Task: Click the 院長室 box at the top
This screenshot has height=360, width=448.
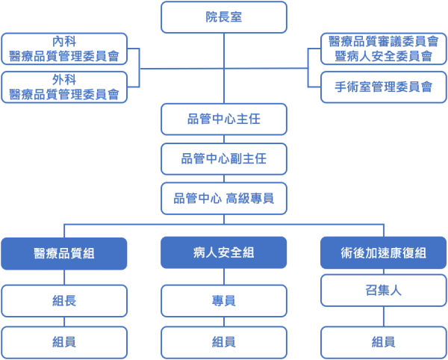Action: click(224, 17)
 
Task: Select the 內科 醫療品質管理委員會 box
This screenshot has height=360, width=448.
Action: click(63, 49)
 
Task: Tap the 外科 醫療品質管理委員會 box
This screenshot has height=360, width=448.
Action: click(63, 87)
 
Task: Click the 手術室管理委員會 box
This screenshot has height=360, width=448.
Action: click(384, 87)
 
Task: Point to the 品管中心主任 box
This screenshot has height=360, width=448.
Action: click(224, 119)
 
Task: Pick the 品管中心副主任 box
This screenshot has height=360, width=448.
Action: click(224, 158)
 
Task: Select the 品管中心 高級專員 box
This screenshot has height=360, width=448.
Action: click(224, 198)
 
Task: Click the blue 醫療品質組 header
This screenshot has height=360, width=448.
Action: click(64, 253)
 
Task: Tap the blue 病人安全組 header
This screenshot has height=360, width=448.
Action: click(224, 253)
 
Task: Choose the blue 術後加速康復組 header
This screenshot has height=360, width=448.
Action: click(384, 253)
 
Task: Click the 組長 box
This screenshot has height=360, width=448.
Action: click(64, 301)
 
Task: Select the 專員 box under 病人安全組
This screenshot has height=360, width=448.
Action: click(224, 301)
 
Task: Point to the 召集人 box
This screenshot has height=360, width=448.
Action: click(384, 291)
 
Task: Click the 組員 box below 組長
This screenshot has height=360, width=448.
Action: click(64, 342)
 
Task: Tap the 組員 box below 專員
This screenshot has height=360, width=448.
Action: click(224, 342)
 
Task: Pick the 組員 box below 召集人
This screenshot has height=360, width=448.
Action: click(384, 342)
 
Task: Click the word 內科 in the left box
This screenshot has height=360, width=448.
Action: click(64, 42)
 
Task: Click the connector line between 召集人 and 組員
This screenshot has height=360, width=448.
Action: click(384, 316)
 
